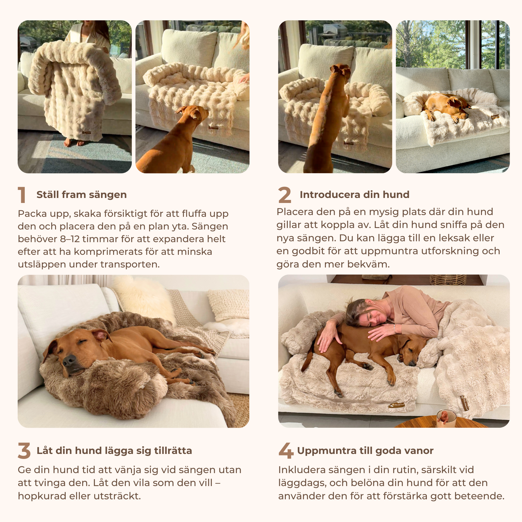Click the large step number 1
(x=22, y=195)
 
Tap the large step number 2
(x=285, y=195)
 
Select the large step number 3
(x=24, y=451)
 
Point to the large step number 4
(x=286, y=451)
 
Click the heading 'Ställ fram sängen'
(x=82, y=195)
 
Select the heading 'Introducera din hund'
(x=354, y=195)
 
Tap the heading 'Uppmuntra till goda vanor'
(x=365, y=451)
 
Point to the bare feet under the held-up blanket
(x=74, y=143)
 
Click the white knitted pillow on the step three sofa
(x=229, y=305)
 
